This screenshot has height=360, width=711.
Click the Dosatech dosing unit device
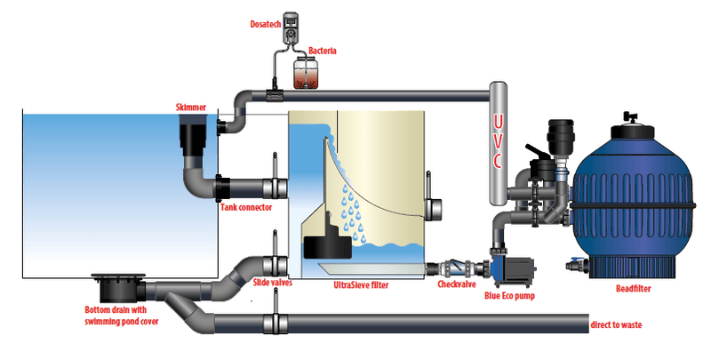(291, 29)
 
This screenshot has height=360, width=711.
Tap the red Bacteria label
(323, 51)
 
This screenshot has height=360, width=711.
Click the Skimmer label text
(191, 108)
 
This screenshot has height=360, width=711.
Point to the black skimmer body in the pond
(195, 135)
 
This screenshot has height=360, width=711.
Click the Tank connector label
(246, 208)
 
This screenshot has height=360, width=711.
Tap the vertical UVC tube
(498, 142)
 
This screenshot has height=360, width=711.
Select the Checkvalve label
(457, 284)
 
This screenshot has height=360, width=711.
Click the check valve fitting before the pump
(457, 268)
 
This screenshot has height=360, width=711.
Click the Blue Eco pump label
(509, 296)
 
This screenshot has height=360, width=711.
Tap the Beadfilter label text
(634, 288)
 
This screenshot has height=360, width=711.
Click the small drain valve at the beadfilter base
(577, 265)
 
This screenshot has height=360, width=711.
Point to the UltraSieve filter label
(361, 285)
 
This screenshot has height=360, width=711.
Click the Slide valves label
(273, 283)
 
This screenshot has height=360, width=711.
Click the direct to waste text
(616, 324)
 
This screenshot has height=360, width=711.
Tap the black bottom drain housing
(119, 288)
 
